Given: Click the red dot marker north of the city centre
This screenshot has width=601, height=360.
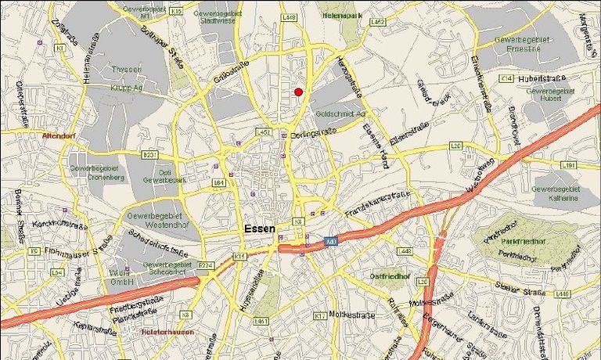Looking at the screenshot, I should click(298, 92).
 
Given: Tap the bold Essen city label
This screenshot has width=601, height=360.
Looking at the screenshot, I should click(260, 229).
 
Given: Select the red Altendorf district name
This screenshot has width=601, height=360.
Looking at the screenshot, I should click(59, 135).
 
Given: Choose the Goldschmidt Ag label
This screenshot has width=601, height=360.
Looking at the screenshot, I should click(340, 113).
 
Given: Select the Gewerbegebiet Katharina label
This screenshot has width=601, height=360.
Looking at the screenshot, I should click(555, 193).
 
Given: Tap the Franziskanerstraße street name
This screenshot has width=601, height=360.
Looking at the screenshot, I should click(377, 204).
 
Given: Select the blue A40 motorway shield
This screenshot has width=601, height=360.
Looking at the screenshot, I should click(332, 241).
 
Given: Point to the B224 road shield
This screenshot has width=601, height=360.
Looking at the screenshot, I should click(207, 265).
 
